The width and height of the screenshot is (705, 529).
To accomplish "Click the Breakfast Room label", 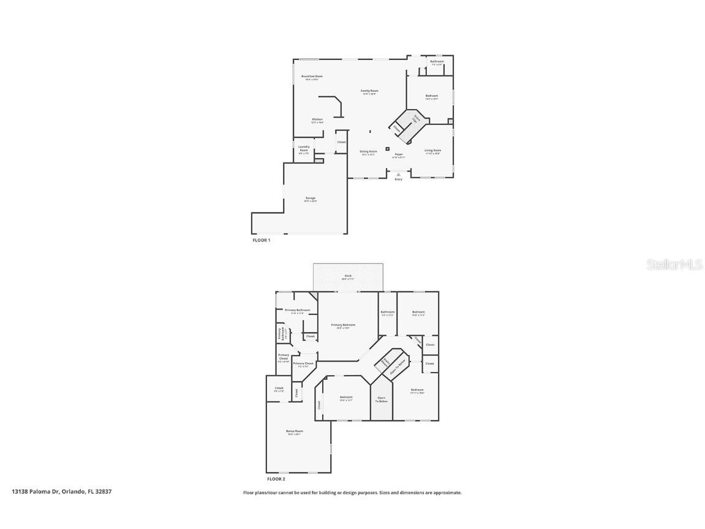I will (x=312, y=77).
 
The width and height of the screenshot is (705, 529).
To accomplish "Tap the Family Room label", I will (x=369, y=91).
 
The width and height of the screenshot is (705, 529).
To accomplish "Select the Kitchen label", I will (x=317, y=120).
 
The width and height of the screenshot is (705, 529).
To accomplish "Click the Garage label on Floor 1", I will (x=311, y=199).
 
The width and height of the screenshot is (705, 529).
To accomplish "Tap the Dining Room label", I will (x=368, y=152).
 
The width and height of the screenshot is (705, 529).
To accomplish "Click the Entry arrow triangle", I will (x=398, y=174).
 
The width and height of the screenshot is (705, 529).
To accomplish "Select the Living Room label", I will (x=433, y=151).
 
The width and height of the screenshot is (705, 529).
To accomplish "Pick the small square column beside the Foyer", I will (x=387, y=148).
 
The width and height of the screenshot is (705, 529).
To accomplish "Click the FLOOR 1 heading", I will (x=262, y=240).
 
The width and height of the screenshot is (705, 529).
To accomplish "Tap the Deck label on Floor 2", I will (x=348, y=276).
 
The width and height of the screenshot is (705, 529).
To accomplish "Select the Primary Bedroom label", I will (x=343, y=325).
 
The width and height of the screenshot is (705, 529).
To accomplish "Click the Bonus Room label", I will (x=295, y=432).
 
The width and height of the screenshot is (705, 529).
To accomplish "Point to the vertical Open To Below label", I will (x=382, y=399).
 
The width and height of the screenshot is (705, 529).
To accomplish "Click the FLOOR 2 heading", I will (x=276, y=479).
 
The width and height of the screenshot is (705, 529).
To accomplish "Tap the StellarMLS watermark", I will (x=674, y=265).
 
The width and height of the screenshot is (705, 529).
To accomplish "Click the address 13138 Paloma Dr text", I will (x=35, y=492).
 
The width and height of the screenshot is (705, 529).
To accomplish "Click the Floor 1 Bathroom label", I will (x=437, y=62).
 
